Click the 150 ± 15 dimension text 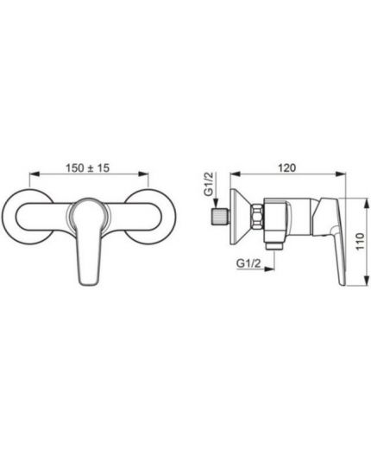pyautogui.click(x=88, y=168)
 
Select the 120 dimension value pyautogui.click(x=286, y=168)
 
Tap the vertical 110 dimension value pyautogui.click(x=360, y=242)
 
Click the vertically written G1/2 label pyautogui.click(x=209, y=184)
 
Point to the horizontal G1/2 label pyautogui.click(x=248, y=263)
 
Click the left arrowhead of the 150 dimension pyautogui.click(x=34, y=174)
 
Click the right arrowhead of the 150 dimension pyautogui.click(x=143, y=174)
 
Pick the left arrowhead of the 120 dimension pyautogui.click(x=235, y=174)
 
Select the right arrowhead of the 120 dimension pyautogui.click(x=341, y=174)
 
